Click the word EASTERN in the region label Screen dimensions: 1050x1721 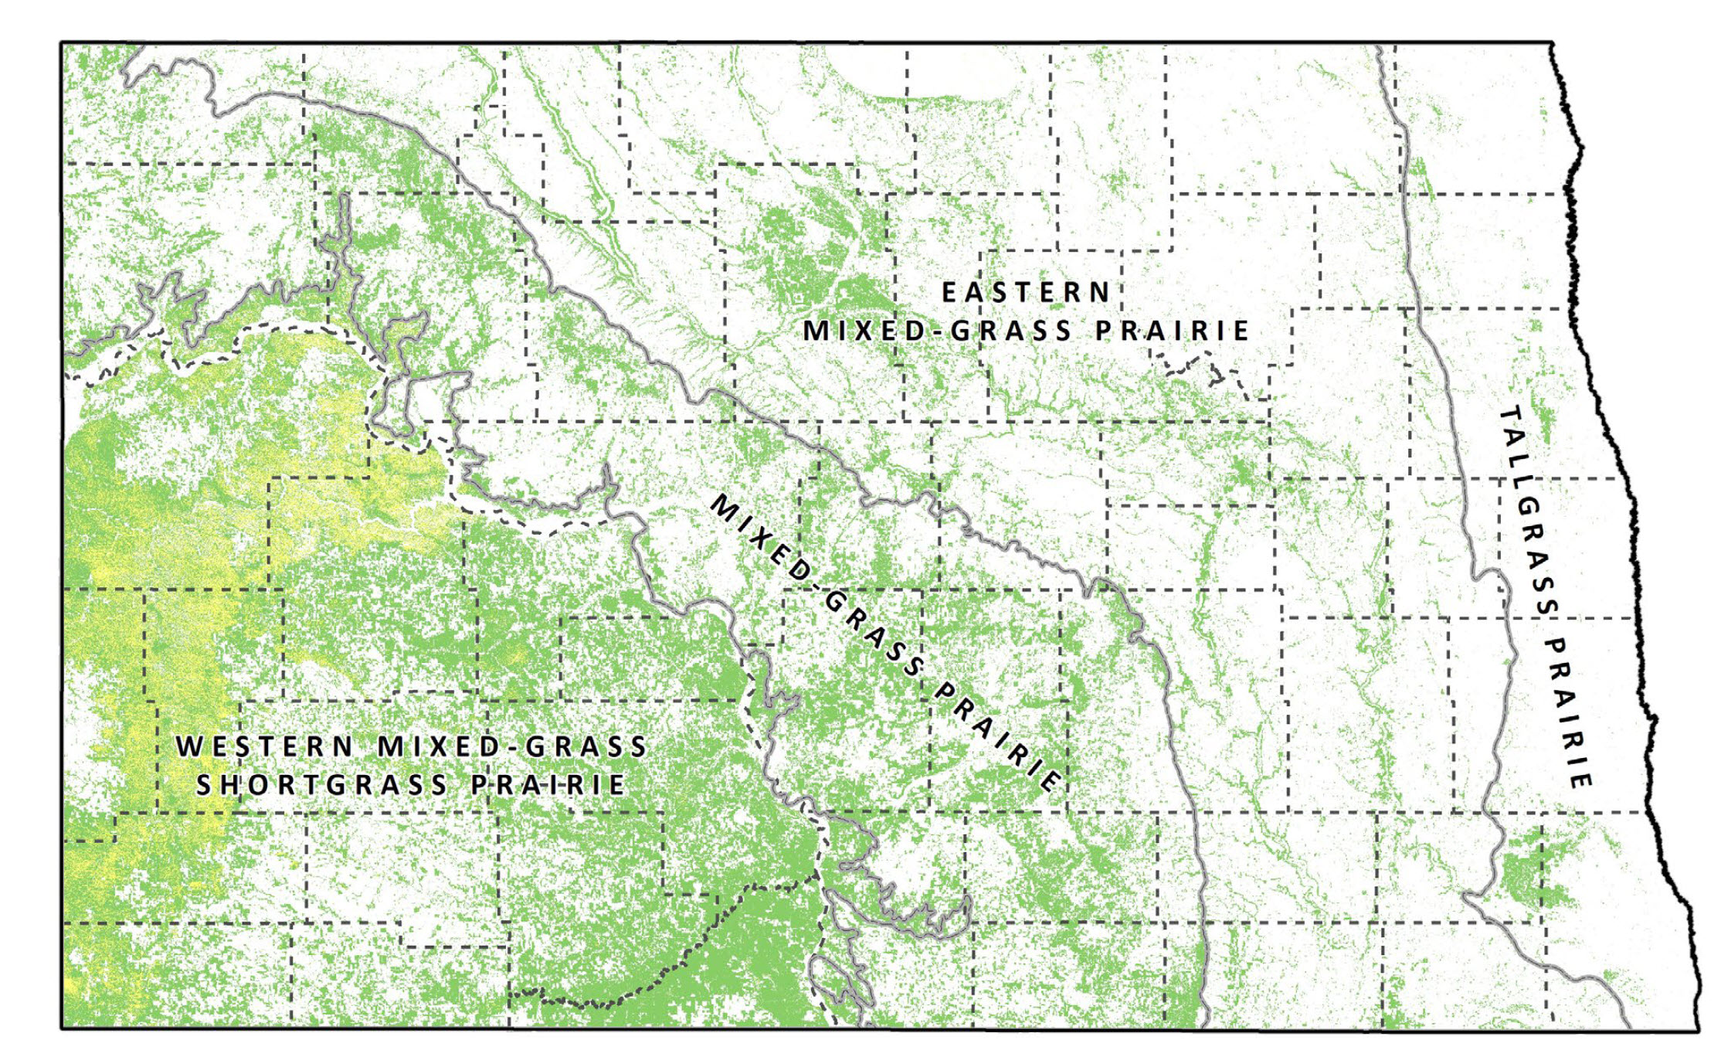pos(1026,293)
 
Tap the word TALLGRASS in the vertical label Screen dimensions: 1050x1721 pos(1526,510)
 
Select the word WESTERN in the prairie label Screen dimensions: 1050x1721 pos(264,747)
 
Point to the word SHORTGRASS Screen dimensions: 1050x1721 pos(321,785)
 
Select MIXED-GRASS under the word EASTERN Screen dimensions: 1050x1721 pos(937,331)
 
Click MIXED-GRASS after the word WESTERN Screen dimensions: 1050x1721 pos(512,747)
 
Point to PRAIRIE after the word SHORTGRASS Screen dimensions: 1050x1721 pos(548,785)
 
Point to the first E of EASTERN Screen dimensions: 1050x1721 pos(949,293)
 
